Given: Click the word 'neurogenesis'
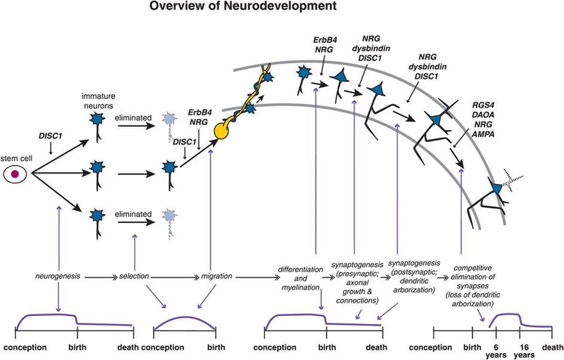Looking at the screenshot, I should [58, 276].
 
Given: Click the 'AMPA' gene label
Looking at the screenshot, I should [483, 135].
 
